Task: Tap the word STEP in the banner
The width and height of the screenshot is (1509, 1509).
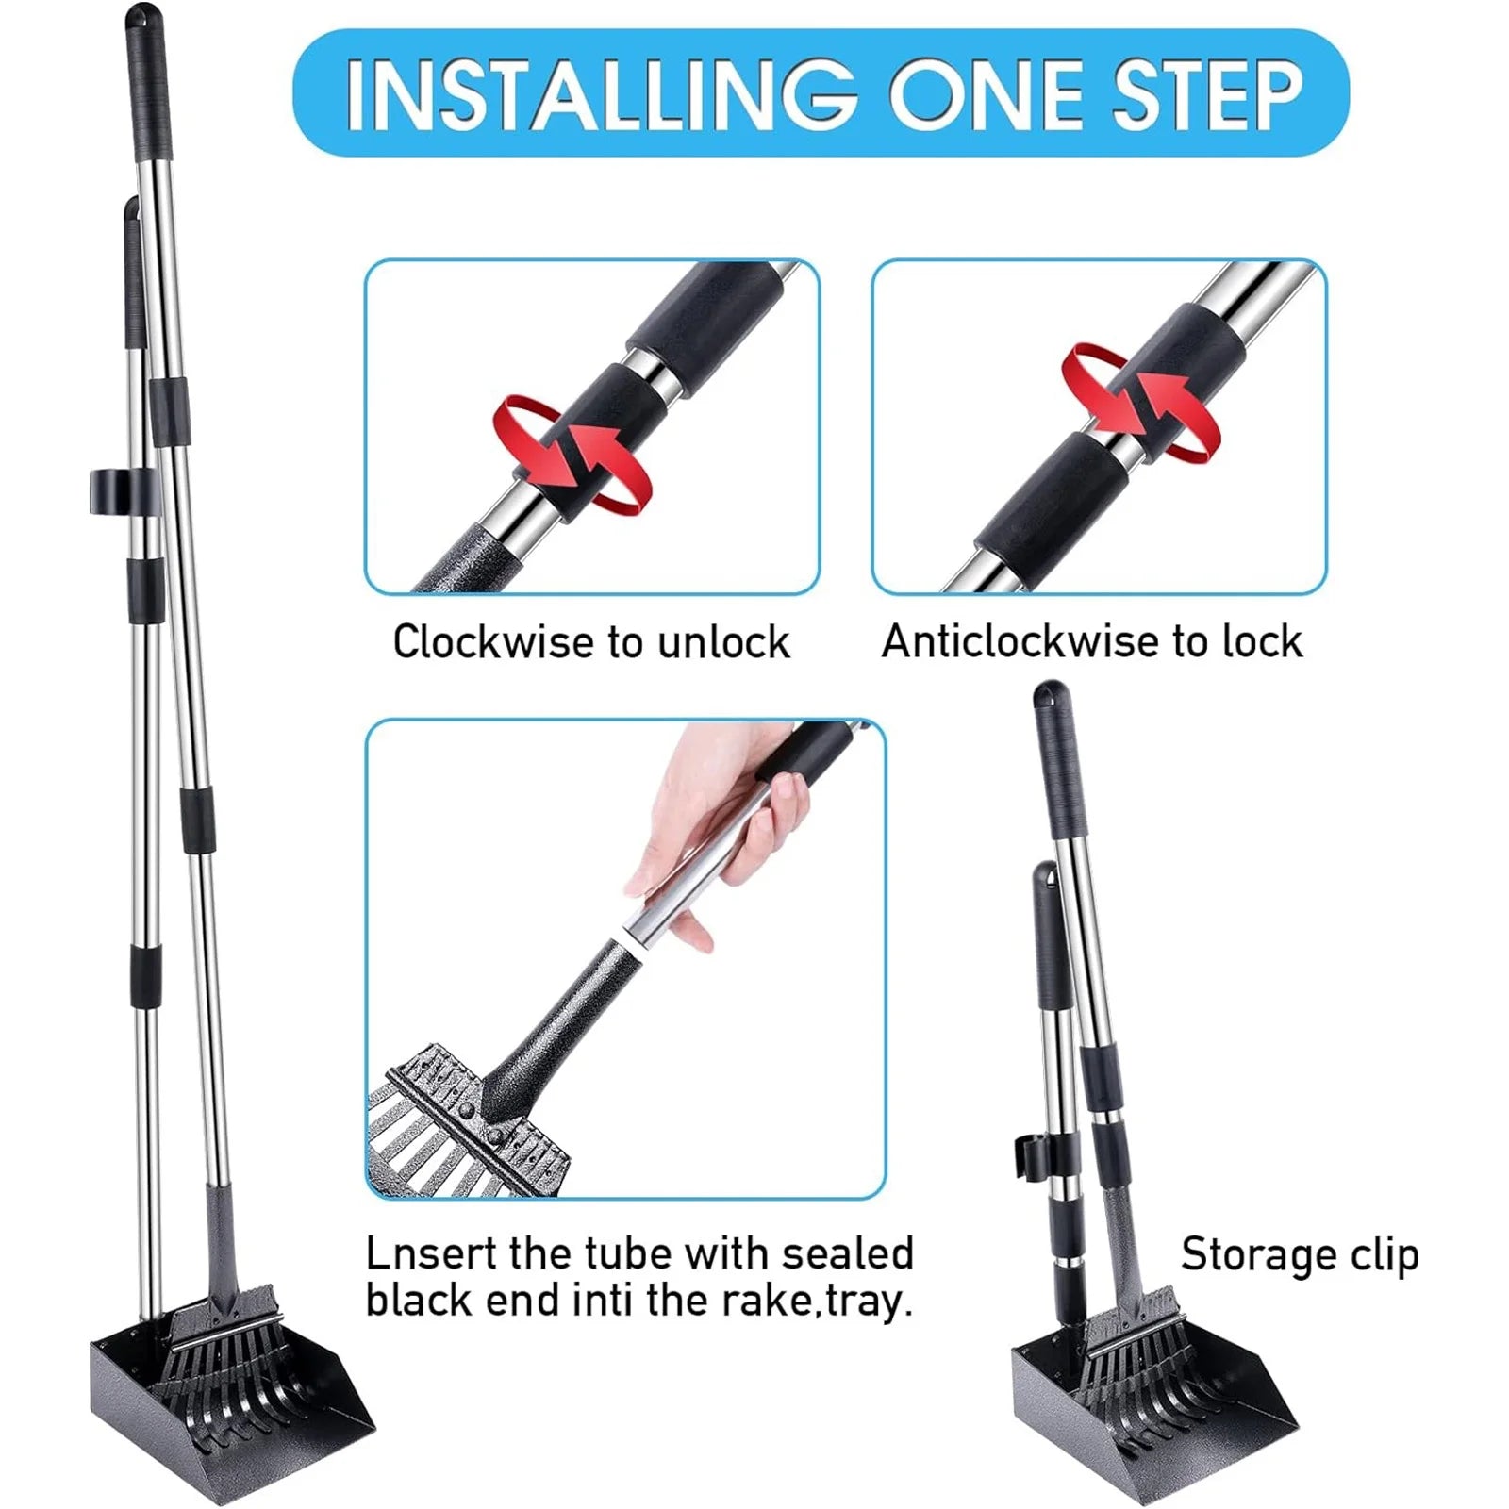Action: click(1207, 93)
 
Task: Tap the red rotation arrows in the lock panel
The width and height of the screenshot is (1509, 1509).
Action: click(1140, 401)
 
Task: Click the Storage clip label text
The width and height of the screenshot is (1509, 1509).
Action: click(1299, 1255)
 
